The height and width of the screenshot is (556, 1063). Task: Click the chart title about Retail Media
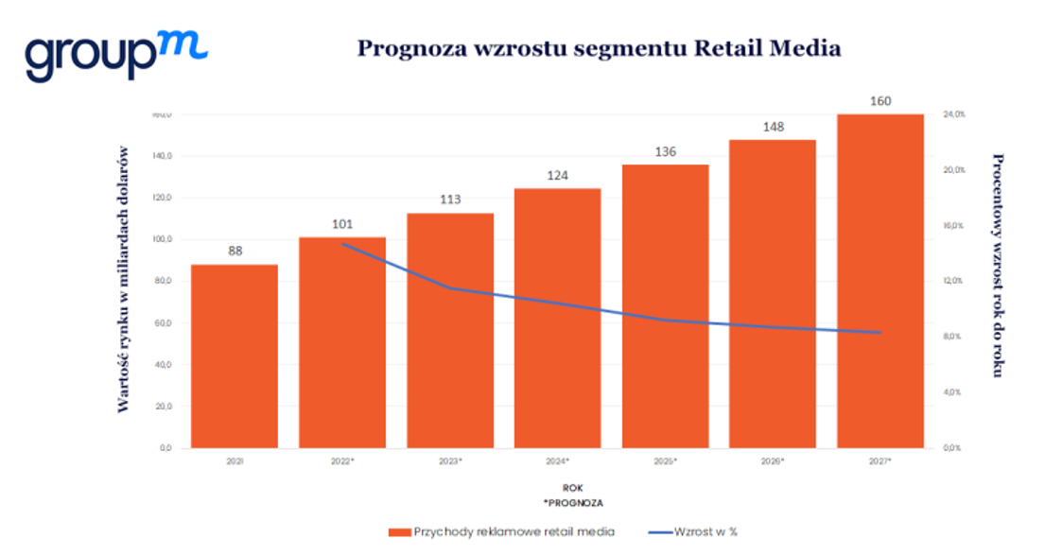click(598, 48)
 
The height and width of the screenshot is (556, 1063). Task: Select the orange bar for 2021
click(235, 356)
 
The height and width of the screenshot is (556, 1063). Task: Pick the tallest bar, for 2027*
click(880, 281)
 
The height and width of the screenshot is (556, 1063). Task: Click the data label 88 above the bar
click(235, 252)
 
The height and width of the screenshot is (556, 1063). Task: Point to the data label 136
click(666, 151)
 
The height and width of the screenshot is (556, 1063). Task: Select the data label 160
click(880, 101)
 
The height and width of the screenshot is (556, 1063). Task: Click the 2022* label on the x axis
click(342, 460)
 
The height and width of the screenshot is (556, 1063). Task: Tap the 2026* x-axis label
click(773, 460)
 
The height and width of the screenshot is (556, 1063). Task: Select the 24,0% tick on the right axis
click(952, 114)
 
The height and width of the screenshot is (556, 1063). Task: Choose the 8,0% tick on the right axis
click(951, 337)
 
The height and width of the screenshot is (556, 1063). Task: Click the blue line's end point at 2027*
click(880, 333)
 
